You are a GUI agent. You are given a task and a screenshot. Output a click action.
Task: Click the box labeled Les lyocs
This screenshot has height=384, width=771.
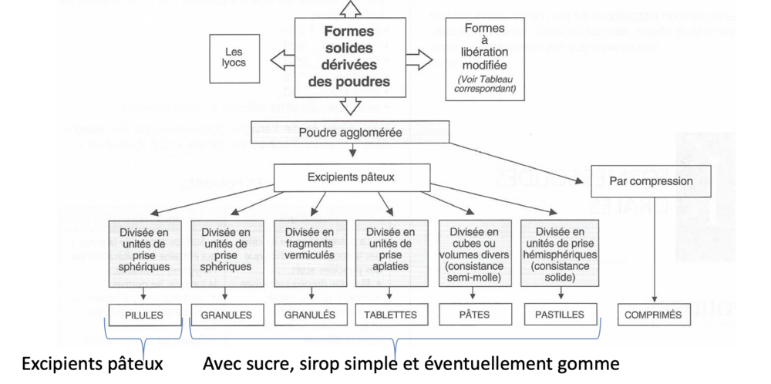pyautogui.click(x=234, y=59)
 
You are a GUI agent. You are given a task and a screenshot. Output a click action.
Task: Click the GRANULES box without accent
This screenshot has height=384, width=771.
pyautogui.click(x=227, y=315)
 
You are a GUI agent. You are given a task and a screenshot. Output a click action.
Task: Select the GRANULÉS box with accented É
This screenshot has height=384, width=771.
pyautogui.click(x=308, y=315)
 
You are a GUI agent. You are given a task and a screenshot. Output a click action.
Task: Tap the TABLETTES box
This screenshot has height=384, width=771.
pyautogui.click(x=391, y=315)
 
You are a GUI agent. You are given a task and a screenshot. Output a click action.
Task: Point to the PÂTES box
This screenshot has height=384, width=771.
pyautogui.click(x=475, y=314)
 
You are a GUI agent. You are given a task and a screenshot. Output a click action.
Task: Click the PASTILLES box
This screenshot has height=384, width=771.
pyautogui.click(x=559, y=314)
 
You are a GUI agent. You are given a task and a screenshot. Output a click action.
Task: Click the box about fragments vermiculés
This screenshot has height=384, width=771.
pyautogui.click(x=308, y=251)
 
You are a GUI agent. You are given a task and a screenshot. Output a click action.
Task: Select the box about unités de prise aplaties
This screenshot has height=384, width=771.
pyautogui.click(x=391, y=251)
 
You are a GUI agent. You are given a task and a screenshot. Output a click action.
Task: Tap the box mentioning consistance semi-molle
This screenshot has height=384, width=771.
pyautogui.click(x=475, y=251)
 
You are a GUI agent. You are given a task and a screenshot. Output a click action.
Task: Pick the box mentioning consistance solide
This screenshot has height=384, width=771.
pyautogui.click(x=559, y=251)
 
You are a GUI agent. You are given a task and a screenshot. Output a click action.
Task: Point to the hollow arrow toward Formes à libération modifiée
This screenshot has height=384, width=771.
pyautogui.click(x=419, y=59)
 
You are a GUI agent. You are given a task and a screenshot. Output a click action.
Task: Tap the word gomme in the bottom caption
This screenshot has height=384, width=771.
pyautogui.click(x=592, y=362)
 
